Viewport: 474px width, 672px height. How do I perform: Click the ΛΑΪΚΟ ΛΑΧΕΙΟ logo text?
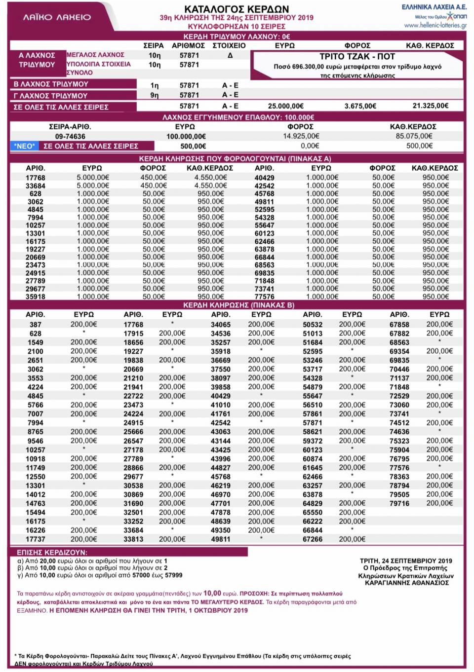pos(57,17)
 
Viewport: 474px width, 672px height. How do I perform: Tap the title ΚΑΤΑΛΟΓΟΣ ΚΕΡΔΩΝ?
pos(237,9)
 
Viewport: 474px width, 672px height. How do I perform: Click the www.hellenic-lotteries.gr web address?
pos(435,25)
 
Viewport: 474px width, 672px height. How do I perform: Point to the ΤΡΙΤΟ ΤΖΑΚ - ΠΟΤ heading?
pos(357,56)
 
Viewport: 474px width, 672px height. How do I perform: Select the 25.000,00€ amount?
pos(286,106)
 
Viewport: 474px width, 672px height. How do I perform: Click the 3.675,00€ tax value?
pos(360,106)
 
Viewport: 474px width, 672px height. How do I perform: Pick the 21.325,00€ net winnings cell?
pos(431,106)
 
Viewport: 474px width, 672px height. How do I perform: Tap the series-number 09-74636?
pos(70,137)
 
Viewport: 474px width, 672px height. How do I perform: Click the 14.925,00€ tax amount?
pos(301,136)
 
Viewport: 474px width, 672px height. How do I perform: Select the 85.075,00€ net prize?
pos(414,136)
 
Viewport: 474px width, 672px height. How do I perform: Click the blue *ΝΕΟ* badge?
pos(25,146)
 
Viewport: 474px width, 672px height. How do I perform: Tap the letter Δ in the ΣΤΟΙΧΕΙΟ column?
pos(230,55)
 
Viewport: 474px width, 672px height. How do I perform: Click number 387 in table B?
pos(36,325)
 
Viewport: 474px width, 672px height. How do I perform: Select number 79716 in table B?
pos(399,503)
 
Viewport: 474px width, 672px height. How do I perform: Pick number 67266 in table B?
pos(313,539)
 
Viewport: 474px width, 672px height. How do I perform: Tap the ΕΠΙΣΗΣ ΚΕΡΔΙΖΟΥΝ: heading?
pos(52,552)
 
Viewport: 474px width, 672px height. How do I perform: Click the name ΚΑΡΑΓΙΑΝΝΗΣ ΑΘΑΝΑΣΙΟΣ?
pos(407,582)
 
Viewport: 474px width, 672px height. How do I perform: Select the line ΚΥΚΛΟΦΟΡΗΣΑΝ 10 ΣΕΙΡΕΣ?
pos(237,26)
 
